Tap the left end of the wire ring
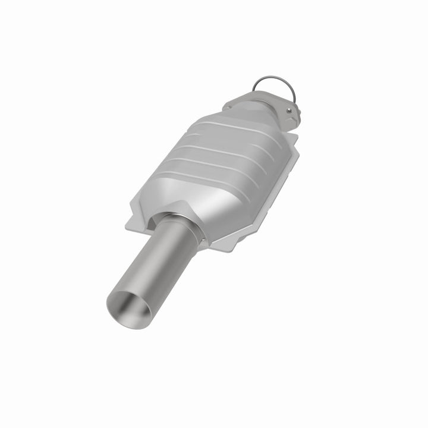click(x=254, y=90)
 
